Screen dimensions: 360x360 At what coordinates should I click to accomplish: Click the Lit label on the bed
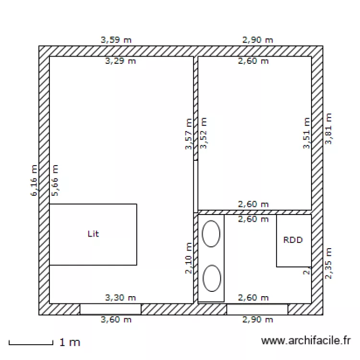pyautogui.click(x=93, y=234)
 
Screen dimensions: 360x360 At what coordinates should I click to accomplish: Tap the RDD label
pyautogui.click(x=293, y=240)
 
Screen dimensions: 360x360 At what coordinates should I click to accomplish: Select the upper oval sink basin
pyautogui.click(x=211, y=234)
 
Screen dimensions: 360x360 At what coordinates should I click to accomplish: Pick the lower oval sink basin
pyautogui.click(x=211, y=278)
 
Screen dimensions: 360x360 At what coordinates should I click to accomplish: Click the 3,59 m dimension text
pyautogui.click(x=116, y=40)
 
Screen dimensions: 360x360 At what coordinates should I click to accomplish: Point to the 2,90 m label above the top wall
pyautogui.click(x=258, y=40)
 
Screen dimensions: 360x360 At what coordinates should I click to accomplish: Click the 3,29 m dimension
pyautogui.click(x=120, y=61)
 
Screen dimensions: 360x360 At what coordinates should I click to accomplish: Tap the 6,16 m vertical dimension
pyautogui.click(x=34, y=180)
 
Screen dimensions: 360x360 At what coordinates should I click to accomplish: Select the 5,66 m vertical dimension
pyautogui.click(x=55, y=180)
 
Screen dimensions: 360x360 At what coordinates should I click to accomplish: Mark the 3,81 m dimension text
pyautogui.click(x=328, y=129)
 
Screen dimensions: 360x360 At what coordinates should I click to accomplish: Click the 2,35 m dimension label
pyautogui.click(x=328, y=263)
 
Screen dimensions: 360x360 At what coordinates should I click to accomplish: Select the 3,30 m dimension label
pyautogui.click(x=120, y=298)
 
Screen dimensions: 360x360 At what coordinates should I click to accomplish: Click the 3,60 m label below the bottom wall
pyautogui.click(x=116, y=319)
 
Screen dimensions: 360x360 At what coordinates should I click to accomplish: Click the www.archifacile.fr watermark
pyautogui.click(x=306, y=341)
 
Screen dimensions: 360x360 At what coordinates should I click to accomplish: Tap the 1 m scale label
pyautogui.click(x=70, y=343)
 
